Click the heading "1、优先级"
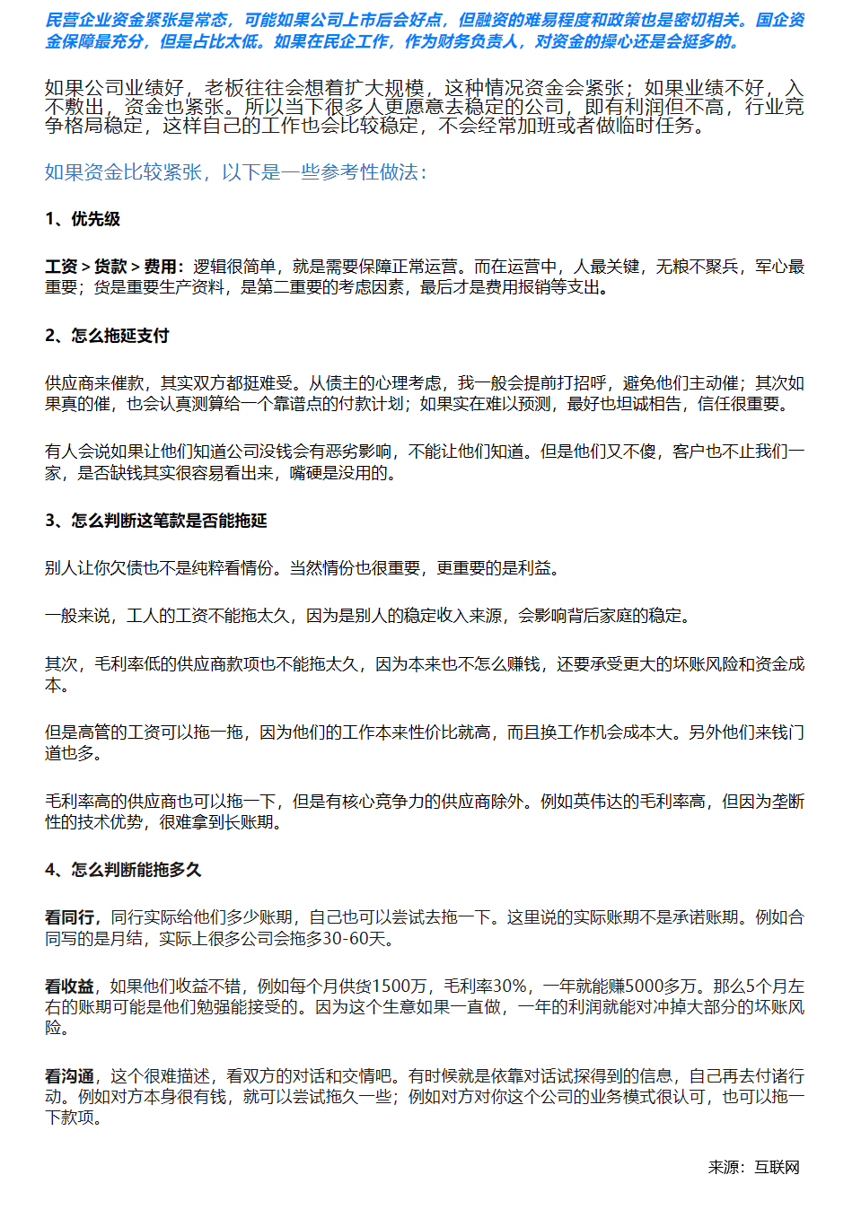click(83, 219)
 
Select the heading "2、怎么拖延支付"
click(107, 336)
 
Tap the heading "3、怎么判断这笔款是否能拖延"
click(156, 521)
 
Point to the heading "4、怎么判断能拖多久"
click(123, 870)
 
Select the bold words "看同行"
click(69, 917)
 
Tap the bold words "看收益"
click(69, 986)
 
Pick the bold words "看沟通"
click(69, 1076)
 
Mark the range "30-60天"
click(358, 939)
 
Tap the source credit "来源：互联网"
click(753, 1167)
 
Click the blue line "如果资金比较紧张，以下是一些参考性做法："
click(236, 172)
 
